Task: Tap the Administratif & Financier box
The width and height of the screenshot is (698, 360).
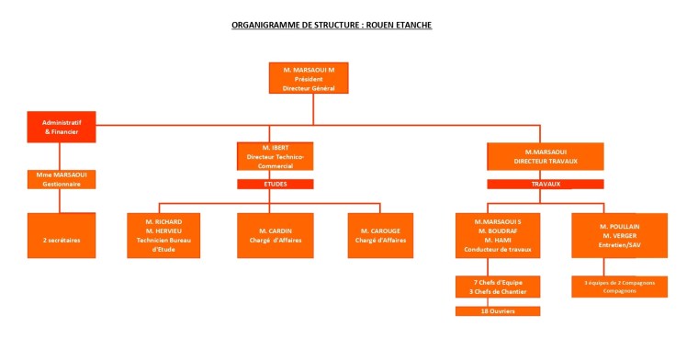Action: pos(61,127)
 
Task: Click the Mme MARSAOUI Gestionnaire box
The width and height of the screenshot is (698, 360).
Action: pos(62,178)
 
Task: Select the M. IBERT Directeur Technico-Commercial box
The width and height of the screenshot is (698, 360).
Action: pos(275,156)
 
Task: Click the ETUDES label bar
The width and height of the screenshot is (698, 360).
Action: pos(275,184)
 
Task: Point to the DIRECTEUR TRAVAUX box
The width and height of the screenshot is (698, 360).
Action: pos(545,156)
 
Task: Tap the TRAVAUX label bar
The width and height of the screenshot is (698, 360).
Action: pos(545,184)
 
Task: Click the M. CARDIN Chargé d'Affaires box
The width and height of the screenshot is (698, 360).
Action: pos(275,235)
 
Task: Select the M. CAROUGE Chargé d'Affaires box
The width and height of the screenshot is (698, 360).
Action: pos(380,235)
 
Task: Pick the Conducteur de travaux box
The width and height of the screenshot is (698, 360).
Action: pos(498,235)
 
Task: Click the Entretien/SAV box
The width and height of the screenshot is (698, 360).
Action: pos(619,235)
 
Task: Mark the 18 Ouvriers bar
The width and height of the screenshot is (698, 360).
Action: pos(498,311)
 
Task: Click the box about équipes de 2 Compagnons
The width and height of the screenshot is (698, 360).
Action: pos(619,287)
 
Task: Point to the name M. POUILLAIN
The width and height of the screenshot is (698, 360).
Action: pos(619,226)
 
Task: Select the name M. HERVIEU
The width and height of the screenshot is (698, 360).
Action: pos(163,231)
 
